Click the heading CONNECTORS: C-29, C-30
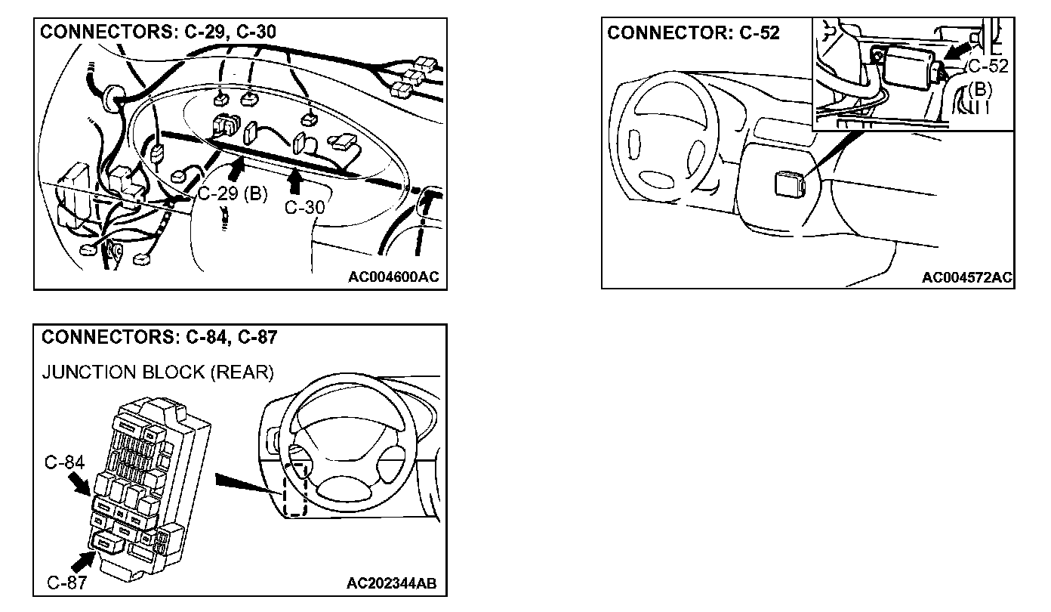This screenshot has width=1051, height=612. coord(158,32)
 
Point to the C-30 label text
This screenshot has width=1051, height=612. coord(304,207)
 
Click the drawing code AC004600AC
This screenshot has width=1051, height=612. coord(393,277)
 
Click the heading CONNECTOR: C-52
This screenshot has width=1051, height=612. coord(693,33)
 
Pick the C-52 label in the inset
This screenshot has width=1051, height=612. coord(988,66)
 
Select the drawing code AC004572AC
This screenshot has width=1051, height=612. coord(966,277)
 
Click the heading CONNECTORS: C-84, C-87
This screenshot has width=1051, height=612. coord(159,338)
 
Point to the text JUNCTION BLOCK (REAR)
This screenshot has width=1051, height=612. coord(157,372)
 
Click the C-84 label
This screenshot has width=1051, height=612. coord(63,462)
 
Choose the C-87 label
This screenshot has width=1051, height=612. coord(66,582)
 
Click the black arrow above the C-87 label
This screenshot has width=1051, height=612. coord(82,560)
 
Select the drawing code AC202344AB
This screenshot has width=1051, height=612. coord(391,583)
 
